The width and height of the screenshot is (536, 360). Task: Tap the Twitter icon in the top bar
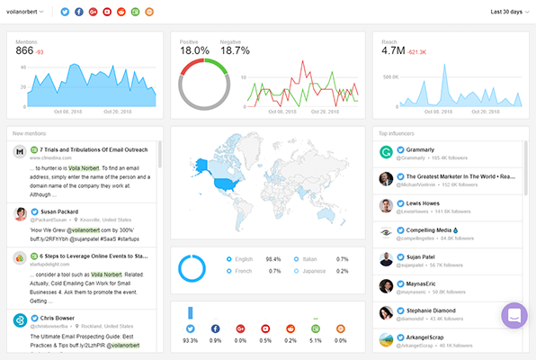64,12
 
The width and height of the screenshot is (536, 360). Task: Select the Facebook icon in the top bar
79,12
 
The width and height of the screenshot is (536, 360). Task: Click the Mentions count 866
24,50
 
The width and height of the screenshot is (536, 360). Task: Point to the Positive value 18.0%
194,51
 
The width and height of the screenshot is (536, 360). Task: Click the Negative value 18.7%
235,51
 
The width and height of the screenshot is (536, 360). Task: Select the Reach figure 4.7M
393,51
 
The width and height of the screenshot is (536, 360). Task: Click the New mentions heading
30,133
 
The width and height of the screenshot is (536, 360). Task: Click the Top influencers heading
396,133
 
